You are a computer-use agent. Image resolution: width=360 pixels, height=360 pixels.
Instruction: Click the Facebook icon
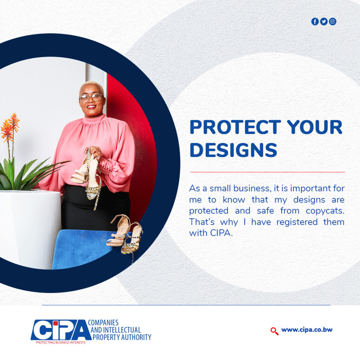[x=315, y=21]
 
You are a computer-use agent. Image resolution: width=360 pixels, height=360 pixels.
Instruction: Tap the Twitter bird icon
[x=324, y=21]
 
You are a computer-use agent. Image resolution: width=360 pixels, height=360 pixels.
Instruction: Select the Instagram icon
[x=333, y=21]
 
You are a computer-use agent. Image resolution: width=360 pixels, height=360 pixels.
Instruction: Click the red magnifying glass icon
[x=274, y=331]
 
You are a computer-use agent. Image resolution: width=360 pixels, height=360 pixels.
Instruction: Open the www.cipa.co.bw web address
[x=307, y=330]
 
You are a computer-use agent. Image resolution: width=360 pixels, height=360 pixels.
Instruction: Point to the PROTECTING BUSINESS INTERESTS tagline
[x=60, y=342]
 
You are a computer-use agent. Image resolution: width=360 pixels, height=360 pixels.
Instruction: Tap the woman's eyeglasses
[x=91, y=98]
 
